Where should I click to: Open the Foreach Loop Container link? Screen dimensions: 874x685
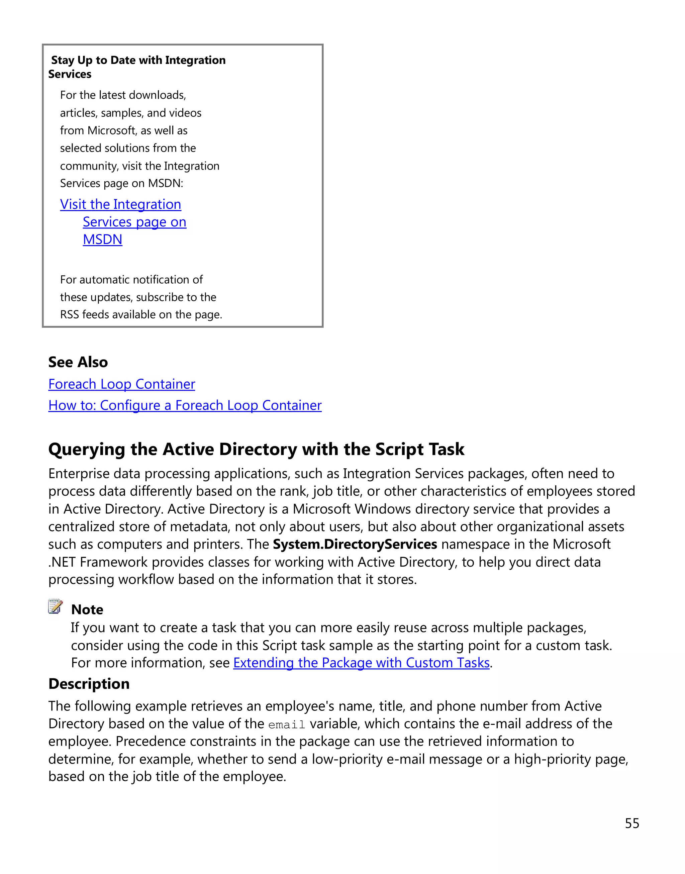click(x=121, y=384)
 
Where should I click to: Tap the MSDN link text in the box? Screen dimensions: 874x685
click(x=102, y=239)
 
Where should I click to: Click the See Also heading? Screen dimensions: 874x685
click(x=78, y=362)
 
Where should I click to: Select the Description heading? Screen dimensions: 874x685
click(x=89, y=684)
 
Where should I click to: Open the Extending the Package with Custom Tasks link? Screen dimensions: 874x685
click(x=361, y=663)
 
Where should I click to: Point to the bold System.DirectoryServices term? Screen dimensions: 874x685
click(x=355, y=544)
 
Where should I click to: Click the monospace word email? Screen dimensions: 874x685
click(x=287, y=725)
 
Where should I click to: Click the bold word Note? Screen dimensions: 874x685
click(x=87, y=610)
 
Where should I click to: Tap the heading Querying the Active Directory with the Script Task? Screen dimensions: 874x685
click(x=256, y=449)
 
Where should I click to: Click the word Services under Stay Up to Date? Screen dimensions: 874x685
click(x=70, y=74)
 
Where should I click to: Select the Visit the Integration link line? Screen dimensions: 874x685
click(x=120, y=205)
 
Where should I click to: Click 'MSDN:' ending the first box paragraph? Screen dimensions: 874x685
click(x=165, y=183)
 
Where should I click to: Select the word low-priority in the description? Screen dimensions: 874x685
click(x=347, y=759)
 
